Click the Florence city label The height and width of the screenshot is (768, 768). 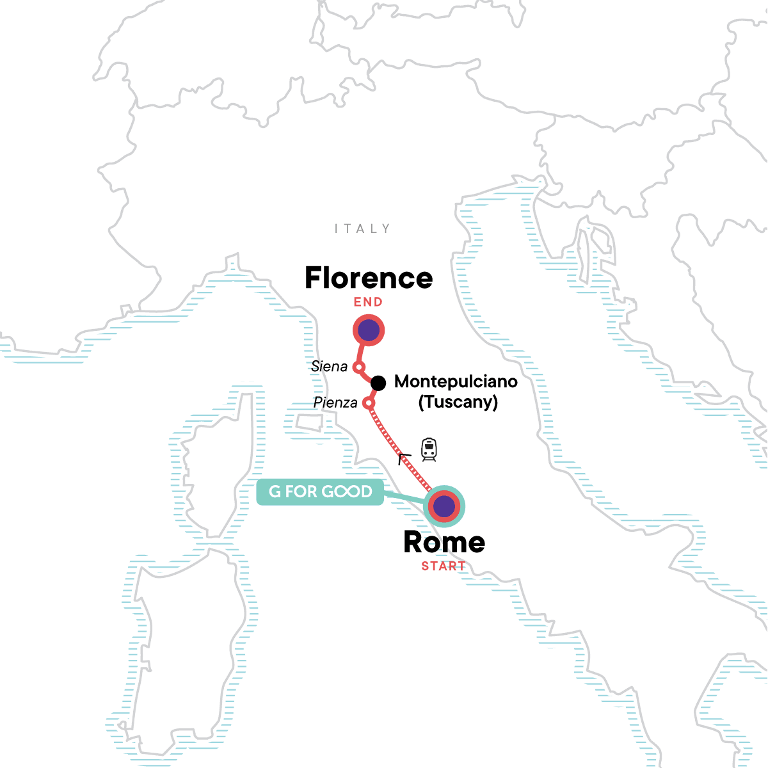(x=369, y=278)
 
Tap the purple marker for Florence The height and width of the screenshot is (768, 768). (x=369, y=330)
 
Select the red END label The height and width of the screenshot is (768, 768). (x=368, y=302)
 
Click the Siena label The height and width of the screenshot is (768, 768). (x=329, y=367)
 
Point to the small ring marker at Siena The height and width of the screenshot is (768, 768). (x=359, y=367)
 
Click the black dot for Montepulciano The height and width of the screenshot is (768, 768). (x=378, y=383)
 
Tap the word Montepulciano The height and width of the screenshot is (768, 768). (x=456, y=381)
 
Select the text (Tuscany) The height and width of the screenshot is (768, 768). (x=458, y=402)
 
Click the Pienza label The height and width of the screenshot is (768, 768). (x=335, y=403)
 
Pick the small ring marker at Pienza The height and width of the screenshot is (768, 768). (x=368, y=403)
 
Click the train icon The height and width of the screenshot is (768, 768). (x=429, y=449)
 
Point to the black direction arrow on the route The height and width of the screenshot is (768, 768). (x=404, y=458)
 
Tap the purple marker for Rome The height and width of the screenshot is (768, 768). (x=444, y=507)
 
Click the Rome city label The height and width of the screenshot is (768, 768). (x=444, y=543)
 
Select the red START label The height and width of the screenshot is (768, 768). (x=443, y=566)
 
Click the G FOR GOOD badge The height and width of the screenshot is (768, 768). (x=320, y=492)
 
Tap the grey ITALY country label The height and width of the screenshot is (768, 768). (x=362, y=228)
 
